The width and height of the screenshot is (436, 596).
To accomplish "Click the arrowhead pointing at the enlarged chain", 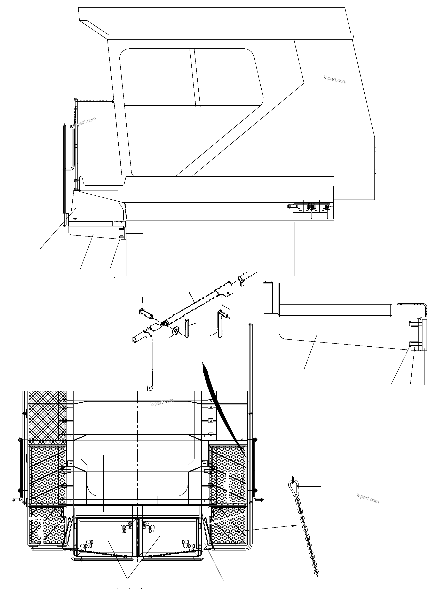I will pos(295,525).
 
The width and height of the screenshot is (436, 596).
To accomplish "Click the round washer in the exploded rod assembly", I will pos(175,331).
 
